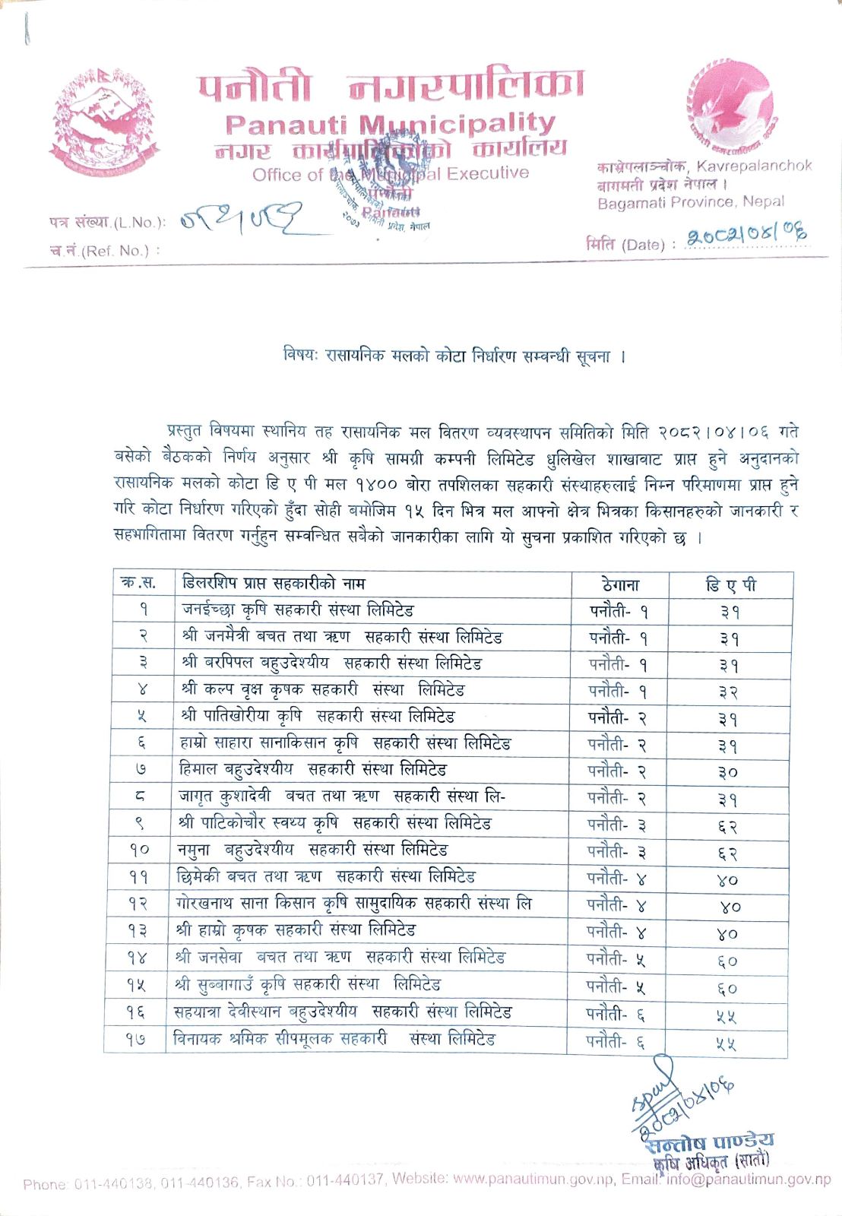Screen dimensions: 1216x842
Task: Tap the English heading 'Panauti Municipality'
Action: [390, 124]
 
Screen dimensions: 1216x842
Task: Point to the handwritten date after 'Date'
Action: [745, 236]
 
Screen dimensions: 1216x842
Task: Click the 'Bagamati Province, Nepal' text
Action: [690, 203]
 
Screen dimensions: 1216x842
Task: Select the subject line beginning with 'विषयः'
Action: [454, 356]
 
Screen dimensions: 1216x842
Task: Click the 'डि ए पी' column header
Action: [730, 585]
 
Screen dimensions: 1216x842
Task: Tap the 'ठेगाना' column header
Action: [620, 584]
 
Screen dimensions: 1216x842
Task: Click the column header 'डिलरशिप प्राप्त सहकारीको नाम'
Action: [274, 584]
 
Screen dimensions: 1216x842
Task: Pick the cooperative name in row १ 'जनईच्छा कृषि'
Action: [297, 610]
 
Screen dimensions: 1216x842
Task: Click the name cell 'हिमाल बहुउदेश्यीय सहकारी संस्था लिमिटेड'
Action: [312, 770]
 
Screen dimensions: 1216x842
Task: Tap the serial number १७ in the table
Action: [135, 1039]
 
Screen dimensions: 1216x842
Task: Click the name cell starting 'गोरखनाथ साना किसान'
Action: [353, 904]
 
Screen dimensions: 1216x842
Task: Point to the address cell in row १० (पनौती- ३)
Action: [617, 851]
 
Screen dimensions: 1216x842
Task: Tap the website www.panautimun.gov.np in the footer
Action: [533, 1180]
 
